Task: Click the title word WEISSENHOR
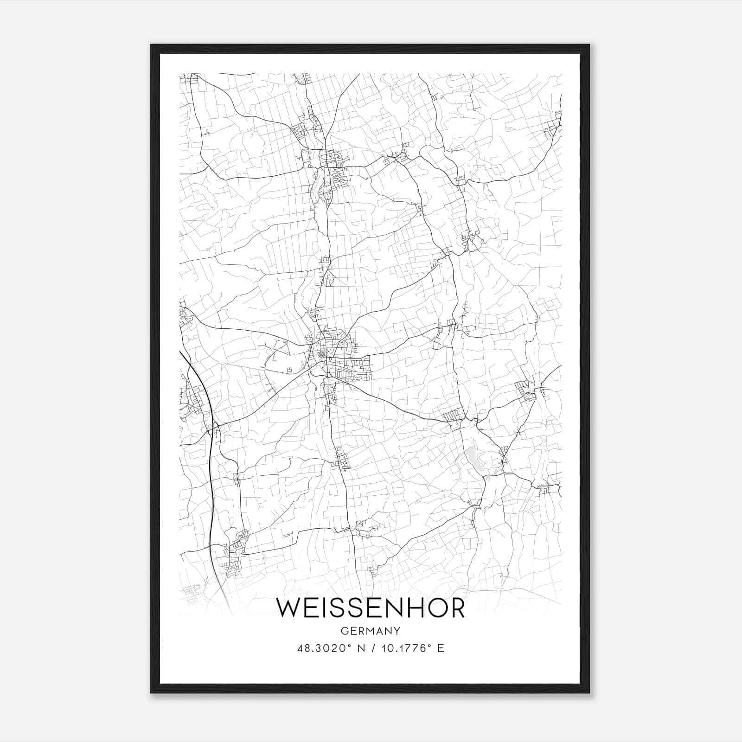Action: click(x=370, y=608)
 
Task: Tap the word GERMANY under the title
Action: click(x=370, y=631)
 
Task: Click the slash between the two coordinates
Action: click(x=372, y=648)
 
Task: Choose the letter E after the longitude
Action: click(x=441, y=648)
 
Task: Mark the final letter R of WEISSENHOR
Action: click(x=456, y=608)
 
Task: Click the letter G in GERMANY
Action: click(x=344, y=631)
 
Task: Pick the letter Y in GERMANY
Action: click(x=397, y=631)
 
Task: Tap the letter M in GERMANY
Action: click(x=370, y=631)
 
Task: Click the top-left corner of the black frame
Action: click(x=152, y=45)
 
